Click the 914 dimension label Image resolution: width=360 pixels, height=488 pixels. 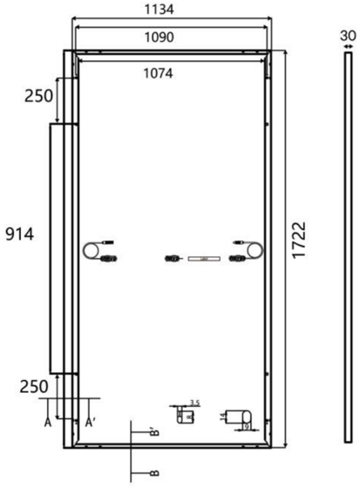coord(20,234)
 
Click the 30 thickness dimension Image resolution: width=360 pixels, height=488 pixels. coord(348,35)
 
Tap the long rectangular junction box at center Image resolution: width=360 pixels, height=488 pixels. coord(204,259)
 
